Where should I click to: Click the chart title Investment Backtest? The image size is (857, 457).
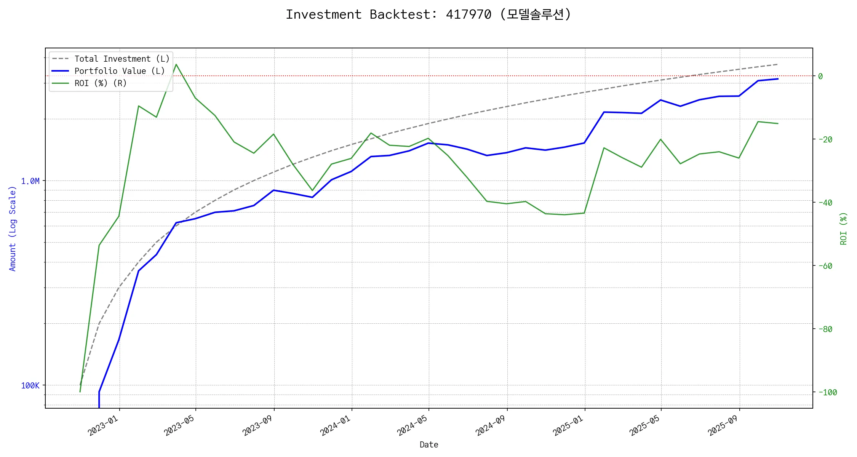click(428, 14)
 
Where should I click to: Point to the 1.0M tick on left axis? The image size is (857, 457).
click(30, 181)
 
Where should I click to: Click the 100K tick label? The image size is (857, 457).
click(30, 386)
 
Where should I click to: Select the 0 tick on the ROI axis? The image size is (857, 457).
click(820, 76)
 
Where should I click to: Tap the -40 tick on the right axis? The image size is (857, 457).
click(825, 203)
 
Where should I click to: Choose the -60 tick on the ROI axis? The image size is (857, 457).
click(825, 266)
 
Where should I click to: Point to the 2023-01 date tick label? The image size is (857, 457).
click(103, 425)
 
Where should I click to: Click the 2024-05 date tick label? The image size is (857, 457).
click(413, 425)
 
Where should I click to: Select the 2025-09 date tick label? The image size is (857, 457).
click(723, 425)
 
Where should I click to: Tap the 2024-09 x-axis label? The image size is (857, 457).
click(491, 425)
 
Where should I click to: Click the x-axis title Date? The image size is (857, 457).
click(429, 445)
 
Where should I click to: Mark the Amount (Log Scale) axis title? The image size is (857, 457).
click(13, 228)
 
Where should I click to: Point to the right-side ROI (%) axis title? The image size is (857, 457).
click(844, 228)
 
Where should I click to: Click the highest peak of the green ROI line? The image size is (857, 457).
click(176, 64)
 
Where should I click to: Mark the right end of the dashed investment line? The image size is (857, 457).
click(777, 64)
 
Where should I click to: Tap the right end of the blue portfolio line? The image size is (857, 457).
click(778, 79)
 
